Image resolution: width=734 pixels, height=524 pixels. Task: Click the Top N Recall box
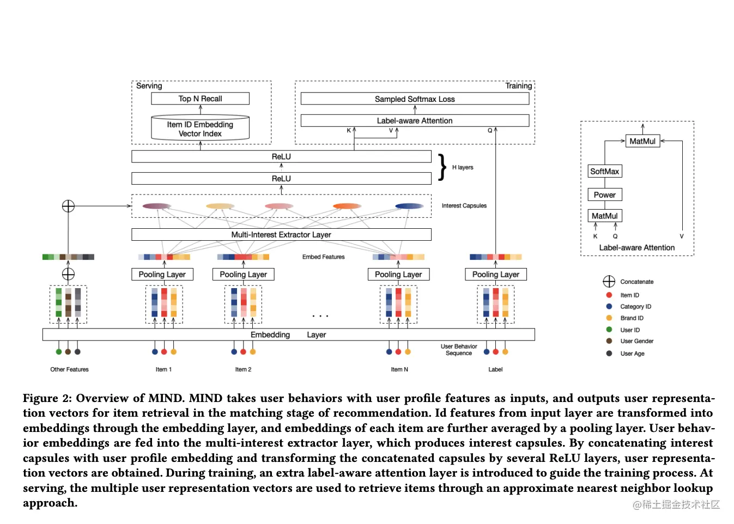click(200, 99)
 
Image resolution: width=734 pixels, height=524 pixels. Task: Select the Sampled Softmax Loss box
click(415, 99)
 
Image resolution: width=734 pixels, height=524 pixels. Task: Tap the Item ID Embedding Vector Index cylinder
click(200, 129)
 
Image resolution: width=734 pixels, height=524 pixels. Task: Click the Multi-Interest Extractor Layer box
click(281, 235)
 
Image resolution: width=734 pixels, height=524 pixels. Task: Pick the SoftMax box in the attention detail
click(604, 171)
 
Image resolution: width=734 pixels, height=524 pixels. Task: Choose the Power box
click(604, 194)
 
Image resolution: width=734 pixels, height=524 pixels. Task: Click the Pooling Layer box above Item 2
click(243, 275)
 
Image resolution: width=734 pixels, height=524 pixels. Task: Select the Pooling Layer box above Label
click(495, 275)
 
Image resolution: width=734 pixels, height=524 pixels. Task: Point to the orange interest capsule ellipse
click(347, 206)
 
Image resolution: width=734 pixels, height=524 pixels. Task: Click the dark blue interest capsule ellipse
click(409, 206)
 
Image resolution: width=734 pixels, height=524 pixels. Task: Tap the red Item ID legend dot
click(609, 295)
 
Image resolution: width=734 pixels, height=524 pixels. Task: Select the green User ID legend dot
click(609, 330)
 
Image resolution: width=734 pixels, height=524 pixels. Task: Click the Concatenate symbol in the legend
click(609, 282)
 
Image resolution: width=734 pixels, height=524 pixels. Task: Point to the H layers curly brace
click(442, 167)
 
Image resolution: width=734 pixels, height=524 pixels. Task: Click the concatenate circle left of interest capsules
click(68, 206)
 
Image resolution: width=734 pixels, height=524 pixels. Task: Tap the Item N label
click(399, 369)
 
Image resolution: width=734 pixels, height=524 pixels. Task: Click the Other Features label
click(69, 369)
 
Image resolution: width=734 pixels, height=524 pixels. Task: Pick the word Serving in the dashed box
click(149, 86)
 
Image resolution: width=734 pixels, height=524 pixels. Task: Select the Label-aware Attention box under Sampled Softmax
click(415, 120)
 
